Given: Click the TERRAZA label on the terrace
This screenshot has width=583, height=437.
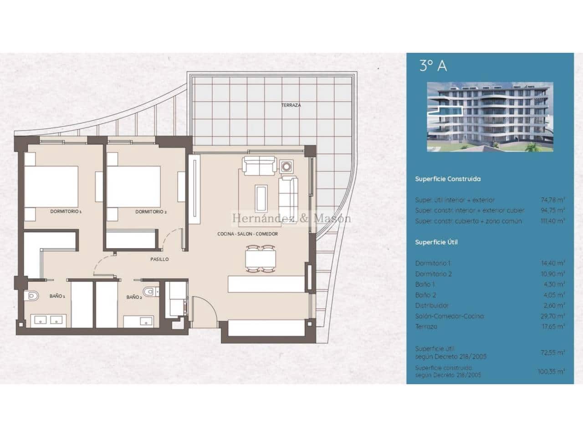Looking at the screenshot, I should (x=291, y=105).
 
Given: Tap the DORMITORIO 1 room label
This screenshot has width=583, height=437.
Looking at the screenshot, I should (x=66, y=212).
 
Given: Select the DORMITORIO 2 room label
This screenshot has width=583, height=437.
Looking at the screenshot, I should (x=151, y=212).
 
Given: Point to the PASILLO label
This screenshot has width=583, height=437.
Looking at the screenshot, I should (x=159, y=259).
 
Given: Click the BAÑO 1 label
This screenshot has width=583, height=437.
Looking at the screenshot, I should (x=57, y=296).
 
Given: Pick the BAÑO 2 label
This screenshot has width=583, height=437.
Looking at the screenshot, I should (x=134, y=297).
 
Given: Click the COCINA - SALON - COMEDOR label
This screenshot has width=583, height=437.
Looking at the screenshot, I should (x=247, y=234).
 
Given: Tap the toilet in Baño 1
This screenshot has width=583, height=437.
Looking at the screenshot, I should (x=32, y=296).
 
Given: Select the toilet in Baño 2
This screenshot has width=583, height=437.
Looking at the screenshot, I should (x=149, y=291).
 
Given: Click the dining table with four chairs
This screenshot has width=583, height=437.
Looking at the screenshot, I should (x=261, y=258).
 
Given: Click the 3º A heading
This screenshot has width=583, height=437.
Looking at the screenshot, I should (x=433, y=66).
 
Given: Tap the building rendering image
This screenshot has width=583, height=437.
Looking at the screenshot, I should (x=490, y=117).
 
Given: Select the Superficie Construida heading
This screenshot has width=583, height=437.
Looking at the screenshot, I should (x=448, y=179).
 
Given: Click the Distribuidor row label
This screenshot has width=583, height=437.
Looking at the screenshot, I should (x=432, y=305).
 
